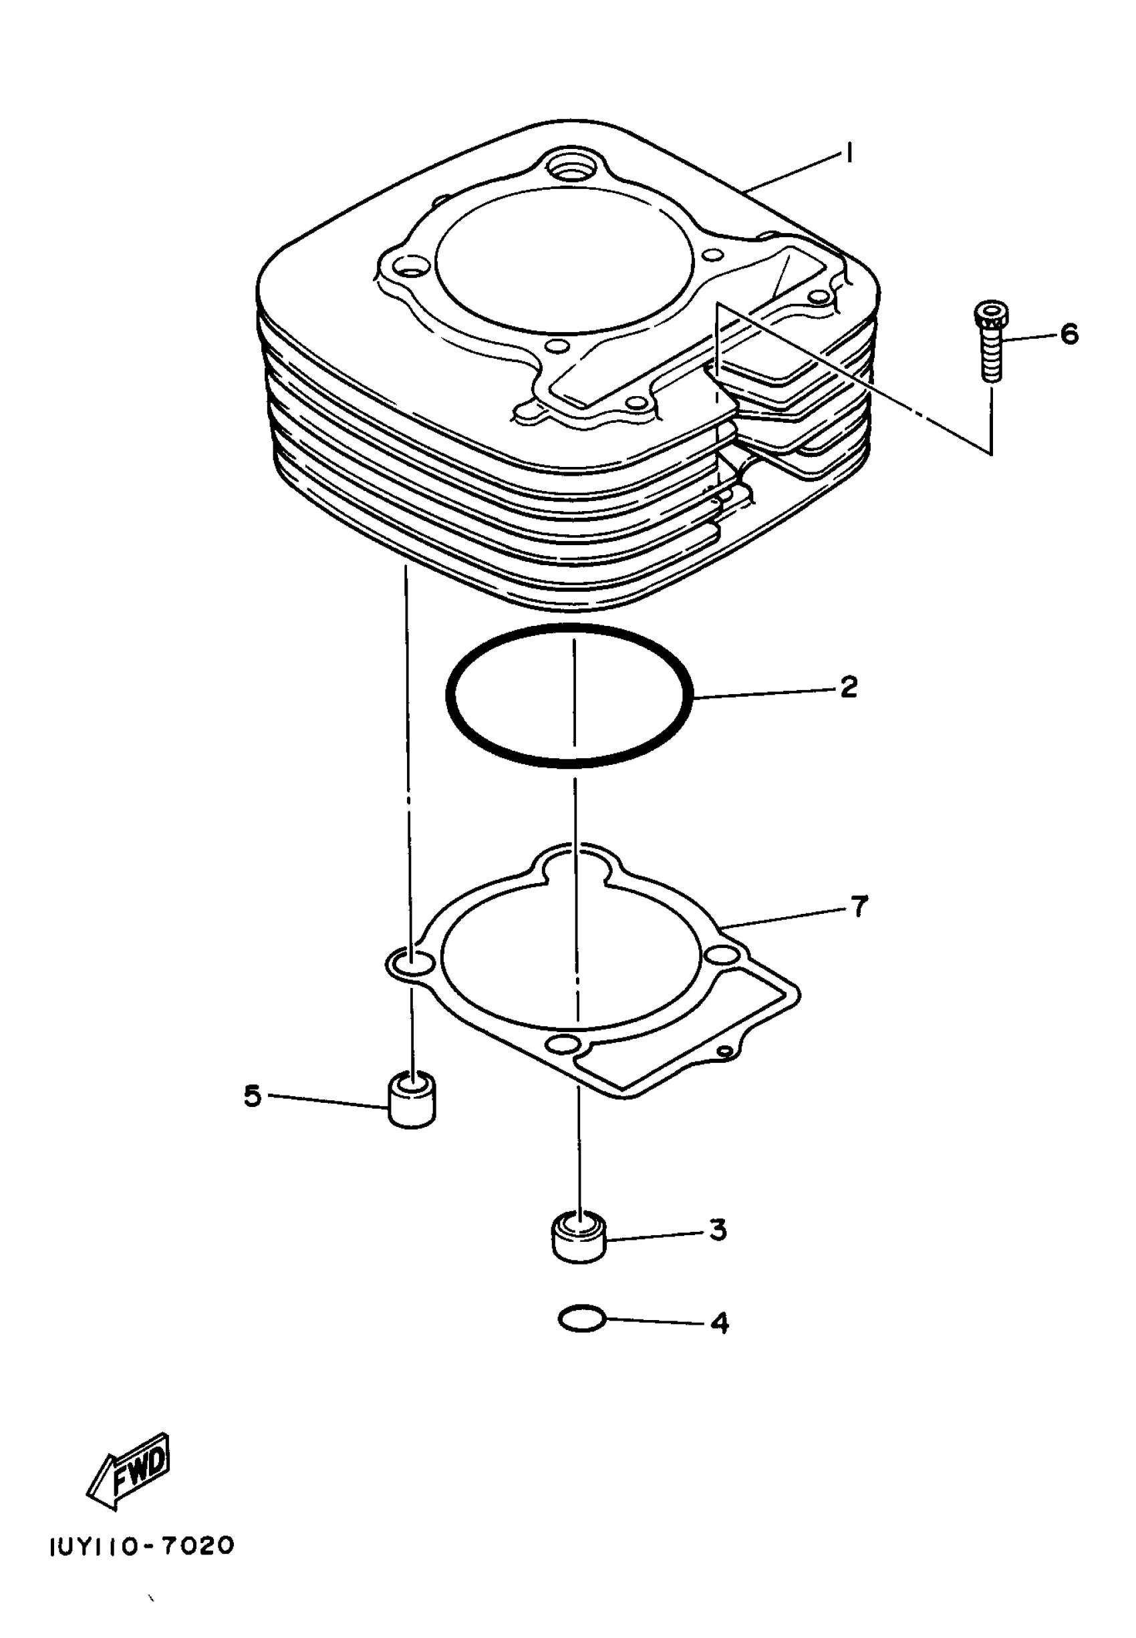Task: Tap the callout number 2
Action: tap(849, 687)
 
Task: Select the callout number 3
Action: tap(718, 1230)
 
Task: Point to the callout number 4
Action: tap(720, 1323)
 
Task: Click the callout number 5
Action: tap(253, 1096)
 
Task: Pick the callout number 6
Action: tap(1069, 334)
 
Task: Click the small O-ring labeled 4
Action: tap(581, 1319)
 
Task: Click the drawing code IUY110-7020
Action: tap(142, 1547)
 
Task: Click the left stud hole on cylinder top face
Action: tap(408, 269)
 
